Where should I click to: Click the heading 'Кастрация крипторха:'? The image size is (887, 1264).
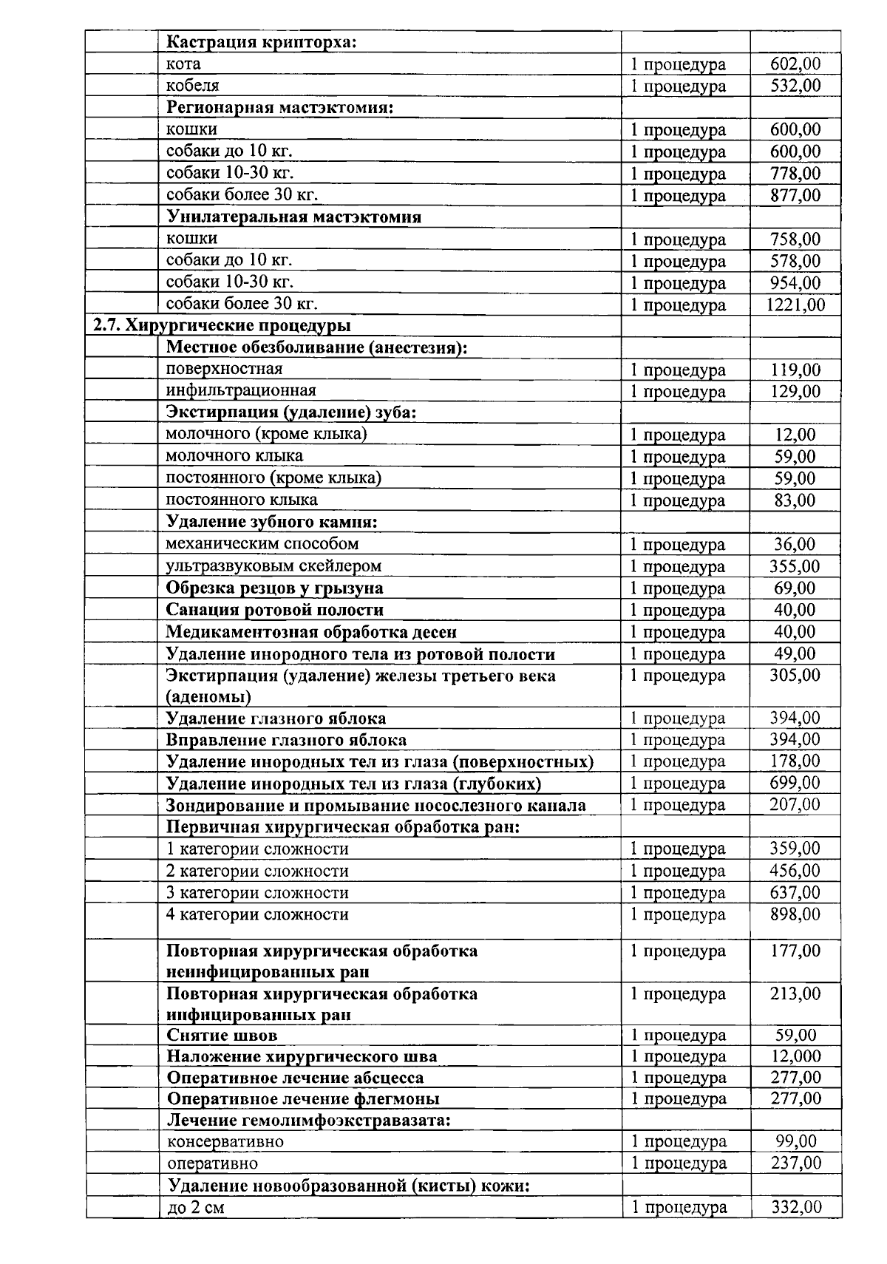click(262, 41)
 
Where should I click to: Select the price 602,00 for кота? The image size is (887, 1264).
click(795, 64)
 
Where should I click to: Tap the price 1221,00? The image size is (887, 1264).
click(795, 305)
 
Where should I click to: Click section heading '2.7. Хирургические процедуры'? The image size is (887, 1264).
click(222, 326)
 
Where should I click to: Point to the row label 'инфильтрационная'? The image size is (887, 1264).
click(241, 390)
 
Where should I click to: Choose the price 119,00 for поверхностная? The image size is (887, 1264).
click(795, 370)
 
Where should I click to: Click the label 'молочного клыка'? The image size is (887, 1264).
click(234, 456)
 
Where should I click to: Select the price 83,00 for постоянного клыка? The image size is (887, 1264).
click(795, 500)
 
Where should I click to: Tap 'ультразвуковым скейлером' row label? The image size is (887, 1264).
click(273, 566)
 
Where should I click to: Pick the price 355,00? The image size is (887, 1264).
click(795, 566)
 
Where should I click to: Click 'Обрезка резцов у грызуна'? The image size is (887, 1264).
click(274, 588)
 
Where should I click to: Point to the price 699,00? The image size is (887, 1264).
click(795, 783)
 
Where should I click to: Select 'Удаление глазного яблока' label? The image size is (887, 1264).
click(276, 718)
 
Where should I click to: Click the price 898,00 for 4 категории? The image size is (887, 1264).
click(795, 914)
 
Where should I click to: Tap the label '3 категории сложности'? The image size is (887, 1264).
click(257, 893)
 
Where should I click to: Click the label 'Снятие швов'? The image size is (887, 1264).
click(222, 1036)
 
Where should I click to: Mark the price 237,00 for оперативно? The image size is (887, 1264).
click(795, 1163)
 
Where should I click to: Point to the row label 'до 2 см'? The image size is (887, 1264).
click(195, 1208)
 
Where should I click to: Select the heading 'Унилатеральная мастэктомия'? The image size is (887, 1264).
click(293, 217)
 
